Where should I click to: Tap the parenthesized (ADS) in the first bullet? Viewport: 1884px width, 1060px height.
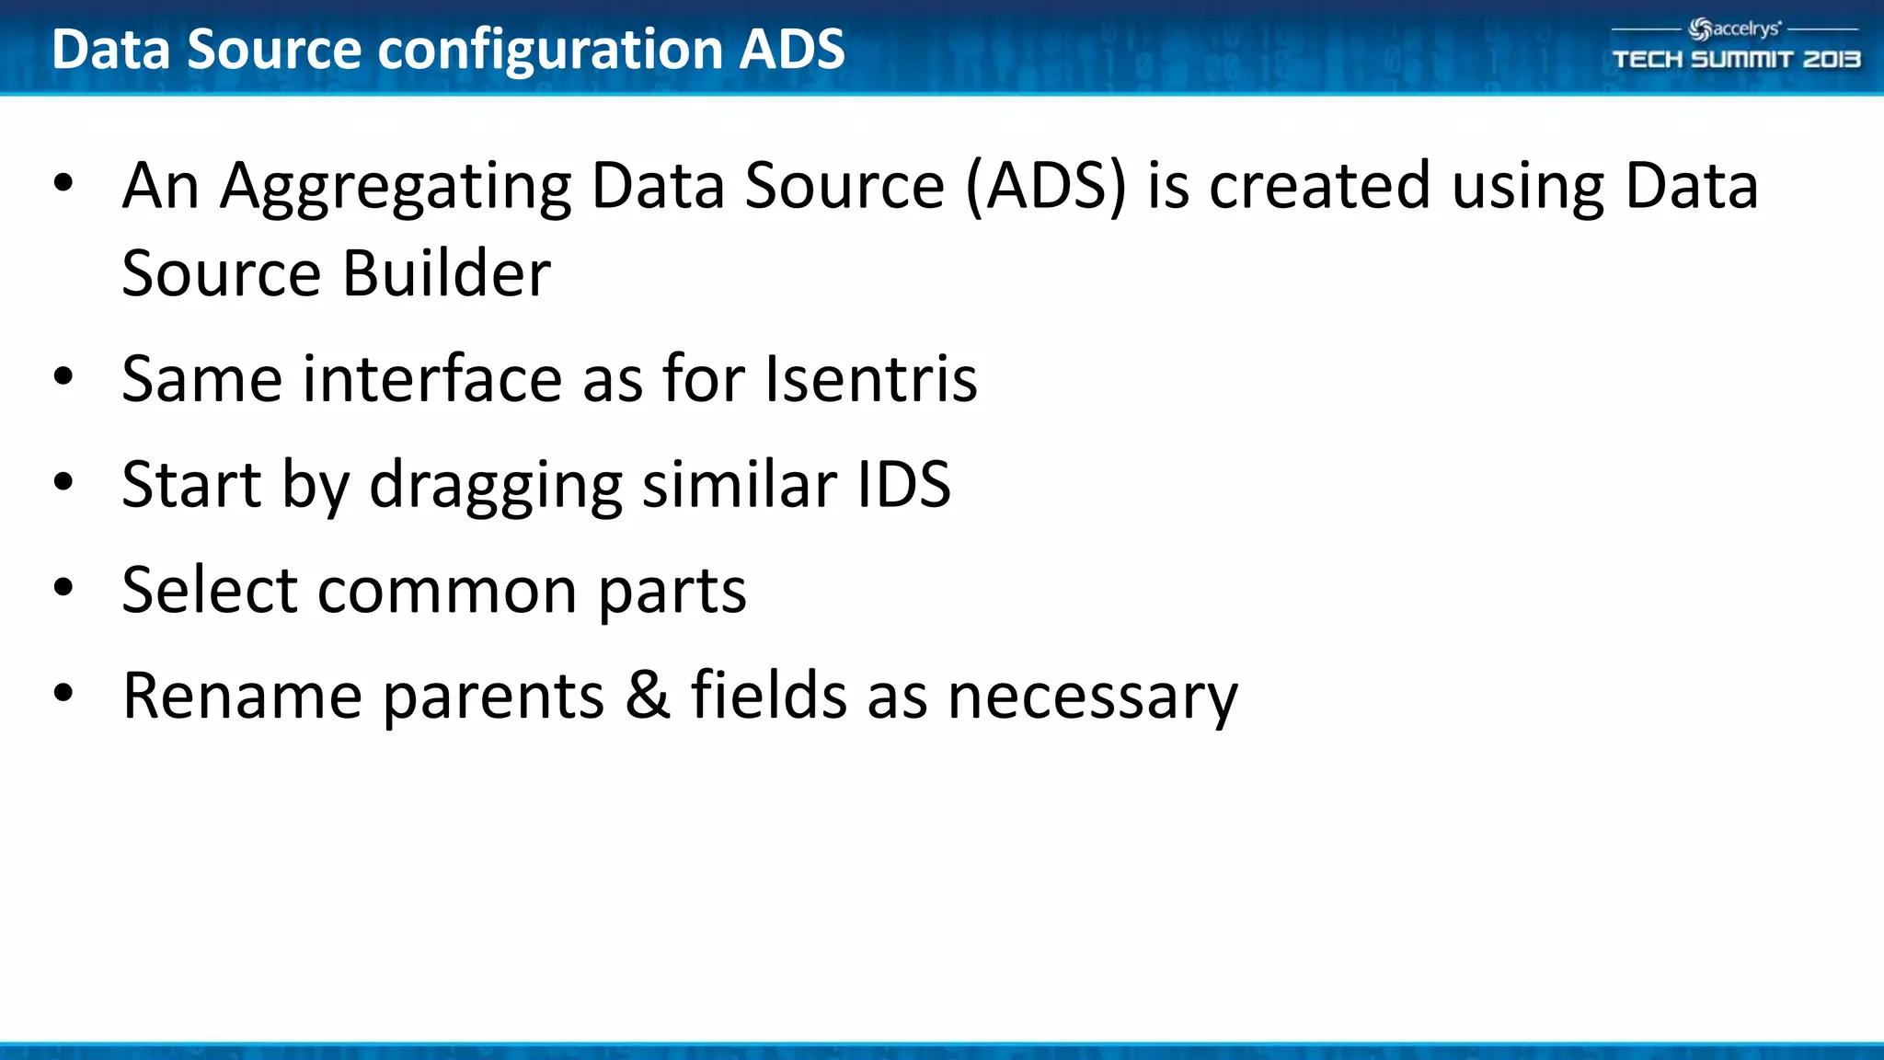pos(1046,187)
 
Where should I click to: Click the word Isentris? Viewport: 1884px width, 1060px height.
pos(870,379)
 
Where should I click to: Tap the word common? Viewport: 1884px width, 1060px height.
pos(447,591)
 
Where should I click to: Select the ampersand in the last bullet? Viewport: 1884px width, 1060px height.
pos(648,696)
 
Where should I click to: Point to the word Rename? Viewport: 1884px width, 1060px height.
pos(242,696)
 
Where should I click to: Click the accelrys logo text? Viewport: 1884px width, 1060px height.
pos(1744,29)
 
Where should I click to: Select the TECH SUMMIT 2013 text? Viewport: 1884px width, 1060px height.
pos(1736,60)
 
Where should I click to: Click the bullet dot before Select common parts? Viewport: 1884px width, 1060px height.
pos(63,587)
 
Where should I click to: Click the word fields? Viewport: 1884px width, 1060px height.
pos(768,696)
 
